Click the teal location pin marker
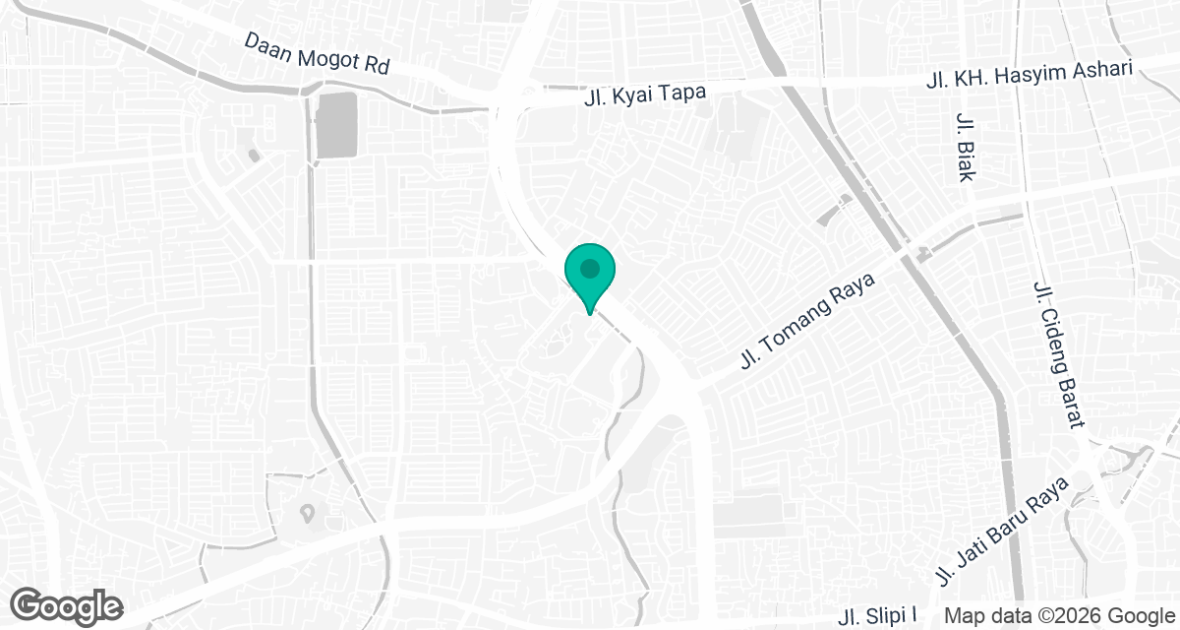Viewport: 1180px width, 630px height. (x=589, y=277)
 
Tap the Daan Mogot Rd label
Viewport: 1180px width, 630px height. (x=317, y=54)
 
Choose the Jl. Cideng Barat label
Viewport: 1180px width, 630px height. (x=1058, y=353)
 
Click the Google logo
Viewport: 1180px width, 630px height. (x=68, y=606)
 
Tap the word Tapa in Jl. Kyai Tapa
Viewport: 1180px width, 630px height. (x=685, y=91)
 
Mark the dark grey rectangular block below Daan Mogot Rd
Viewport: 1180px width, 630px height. (x=337, y=125)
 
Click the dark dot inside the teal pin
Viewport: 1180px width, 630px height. (x=589, y=267)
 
